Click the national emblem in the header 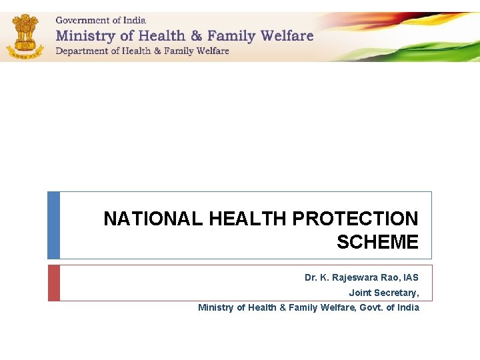pyautogui.click(x=25, y=37)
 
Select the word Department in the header pyautogui.click(x=79, y=51)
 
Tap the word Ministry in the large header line pyautogui.click(x=85, y=35)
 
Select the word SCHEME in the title pyautogui.click(x=377, y=242)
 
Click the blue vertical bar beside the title pyautogui.click(x=53, y=225)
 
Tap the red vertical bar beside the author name pyautogui.click(x=53, y=283)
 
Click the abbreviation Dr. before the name pyautogui.click(x=311, y=277)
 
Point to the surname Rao pyautogui.click(x=388, y=277)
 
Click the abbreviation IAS pyautogui.click(x=410, y=277)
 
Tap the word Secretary pyautogui.click(x=397, y=293)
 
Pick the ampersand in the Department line pyautogui.click(x=156, y=51)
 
